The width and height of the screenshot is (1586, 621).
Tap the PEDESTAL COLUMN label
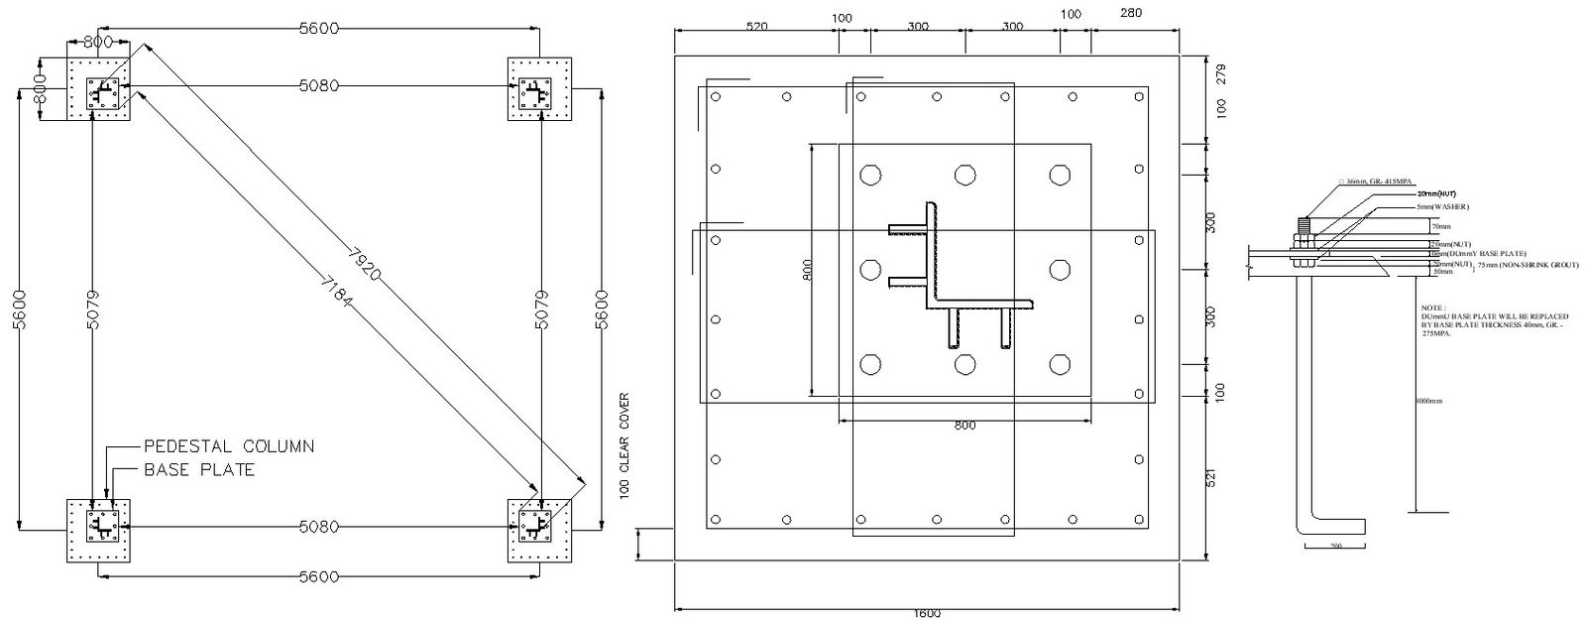[229, 446]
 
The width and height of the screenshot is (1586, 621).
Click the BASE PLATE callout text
[199, 469]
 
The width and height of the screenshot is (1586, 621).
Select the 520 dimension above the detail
[756, 27]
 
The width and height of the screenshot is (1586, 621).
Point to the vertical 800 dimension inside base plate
[807, 270]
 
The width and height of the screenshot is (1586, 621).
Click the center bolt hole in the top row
[964, 176]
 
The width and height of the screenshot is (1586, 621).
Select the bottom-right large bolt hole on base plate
[1060, 364]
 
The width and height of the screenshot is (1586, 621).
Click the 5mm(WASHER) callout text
[1442, 206]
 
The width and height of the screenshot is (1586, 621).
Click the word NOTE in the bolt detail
[1433, 309]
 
